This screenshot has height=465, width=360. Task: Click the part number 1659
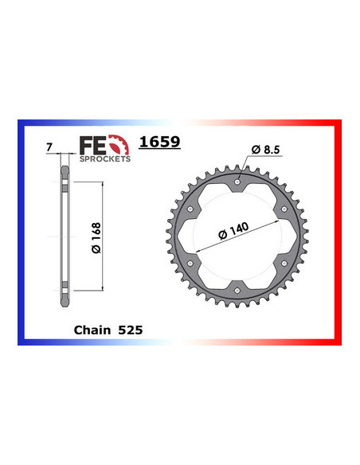click(160, 143)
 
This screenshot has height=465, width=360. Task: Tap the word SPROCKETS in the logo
click(104, 158)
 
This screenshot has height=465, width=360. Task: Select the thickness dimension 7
click(49, 147)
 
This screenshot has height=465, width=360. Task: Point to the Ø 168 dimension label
click(95, 236)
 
